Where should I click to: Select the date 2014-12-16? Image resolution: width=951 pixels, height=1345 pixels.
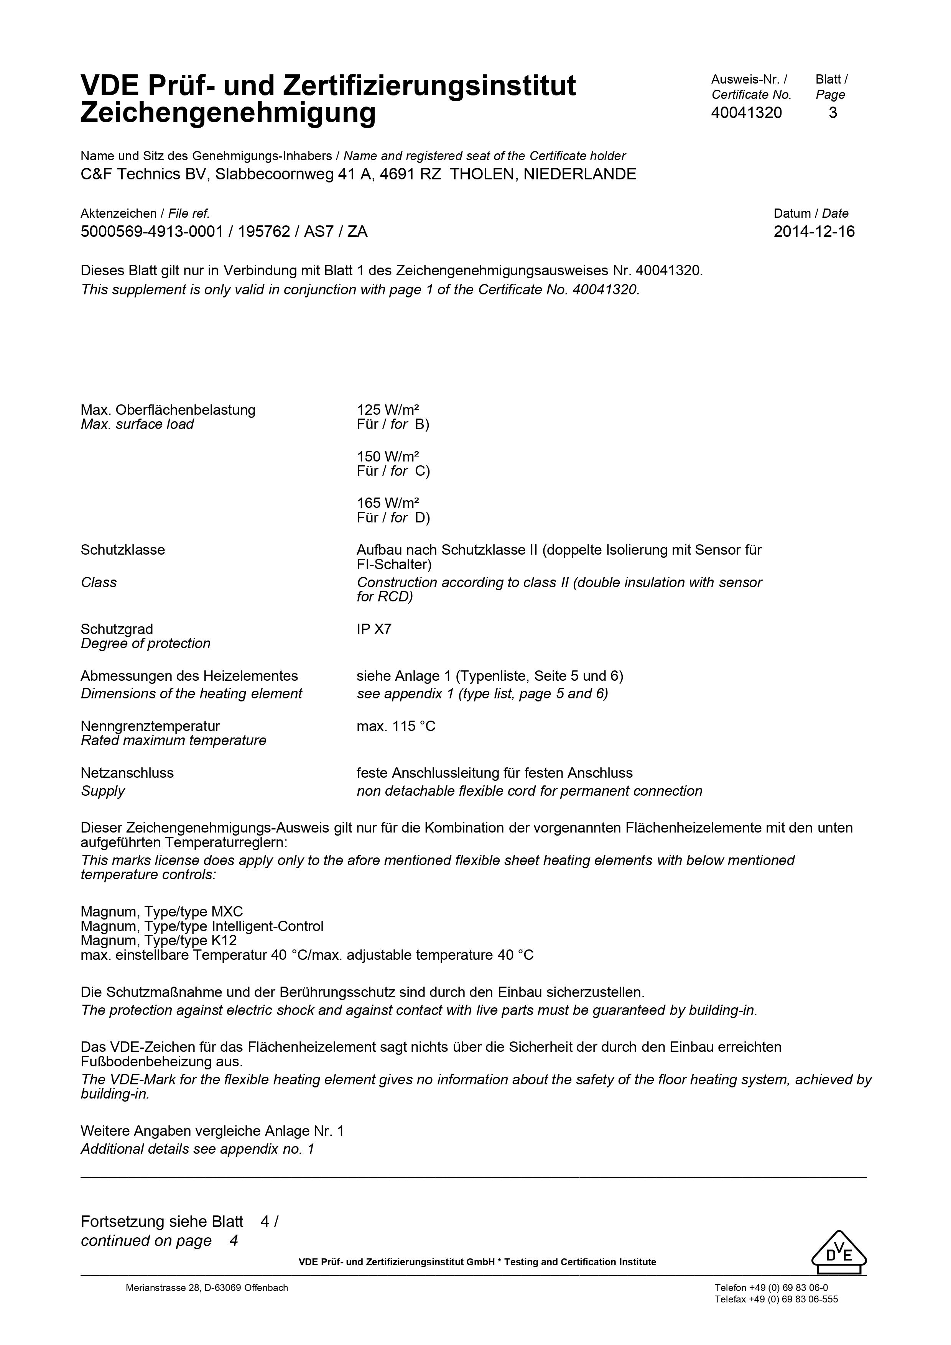pyautogui.click(x=814, y=232)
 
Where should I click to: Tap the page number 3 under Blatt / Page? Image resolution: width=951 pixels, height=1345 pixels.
pyautogui.click(x=833, y=113)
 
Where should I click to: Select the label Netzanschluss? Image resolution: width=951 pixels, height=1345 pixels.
pyautogui.click(x=127, y=773)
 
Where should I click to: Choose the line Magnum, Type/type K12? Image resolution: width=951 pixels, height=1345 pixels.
pyautogui.click(x=158, y=941)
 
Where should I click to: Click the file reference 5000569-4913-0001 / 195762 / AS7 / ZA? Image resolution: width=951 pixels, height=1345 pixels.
pyautogui.click(x=224, y=232)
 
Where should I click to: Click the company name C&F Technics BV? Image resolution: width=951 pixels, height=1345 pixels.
pyautogui.click(x=142, y=174)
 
